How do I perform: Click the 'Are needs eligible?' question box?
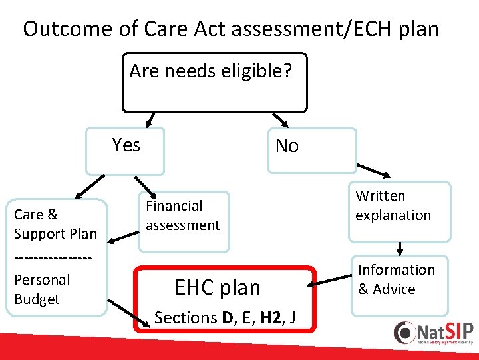pyautogui.click(x=214, y=82)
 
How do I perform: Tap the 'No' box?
pyautogui.click(x=311, y=151)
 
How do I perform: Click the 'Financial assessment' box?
pyautogui.click(x=183, y=222)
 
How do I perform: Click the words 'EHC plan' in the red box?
pyautogui.click(x=218, y=287)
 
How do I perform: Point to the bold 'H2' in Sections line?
pyautogui.click(x=271, y=318)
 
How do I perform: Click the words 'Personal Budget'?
pyautogui.click(x=41, y=289)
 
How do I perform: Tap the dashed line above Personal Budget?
pyautogui.click(x=52, y=257)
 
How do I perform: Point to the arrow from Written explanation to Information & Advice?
pyautogui.click(x=400, y=248)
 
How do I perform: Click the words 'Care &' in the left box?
pyautogui.click(x=35, y=215)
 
